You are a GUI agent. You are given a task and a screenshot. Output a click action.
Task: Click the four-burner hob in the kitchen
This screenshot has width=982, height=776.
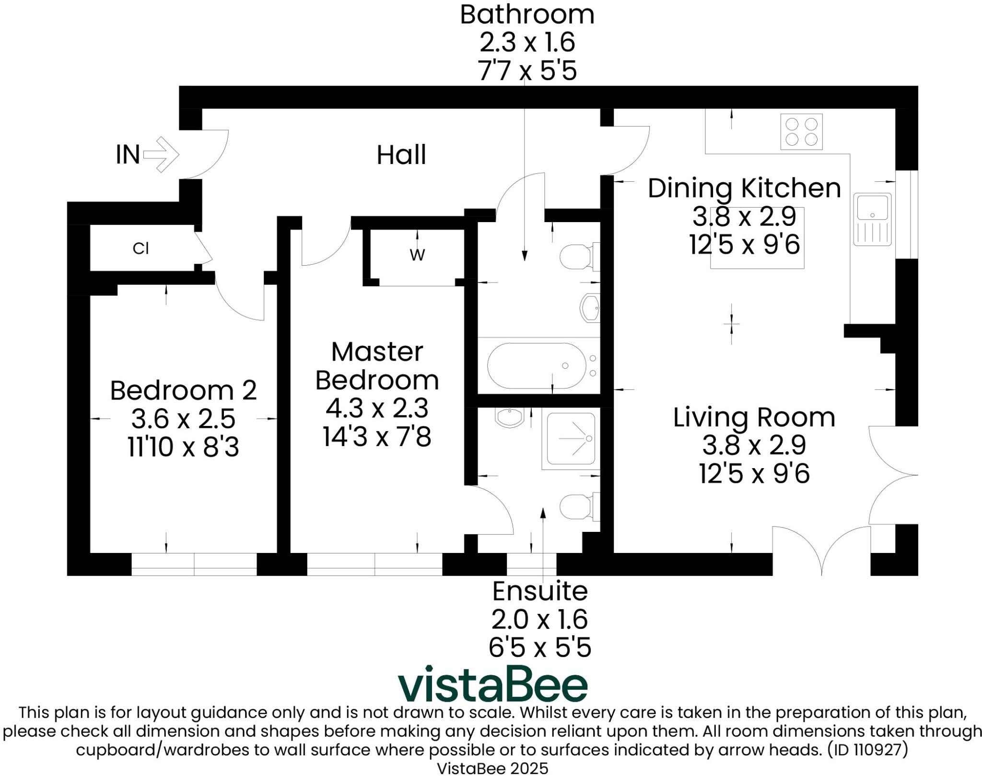[x=801, y=131]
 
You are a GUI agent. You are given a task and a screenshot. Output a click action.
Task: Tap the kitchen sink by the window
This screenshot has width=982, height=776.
[x=872, y=219]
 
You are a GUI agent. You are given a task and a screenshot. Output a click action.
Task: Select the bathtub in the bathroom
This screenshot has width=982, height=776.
[x=537, y=365]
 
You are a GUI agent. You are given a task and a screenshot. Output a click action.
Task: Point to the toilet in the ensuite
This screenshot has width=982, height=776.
[x=578, y=506]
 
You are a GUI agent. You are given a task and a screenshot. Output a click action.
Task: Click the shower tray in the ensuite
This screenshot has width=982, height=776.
[x=571, y=439]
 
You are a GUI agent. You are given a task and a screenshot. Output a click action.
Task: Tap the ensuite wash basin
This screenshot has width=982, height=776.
[x=510, y=417]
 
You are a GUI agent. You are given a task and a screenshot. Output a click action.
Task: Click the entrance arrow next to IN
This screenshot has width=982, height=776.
[x=162, y=154]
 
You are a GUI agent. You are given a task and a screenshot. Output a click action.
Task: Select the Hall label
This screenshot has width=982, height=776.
[x=401, y=155]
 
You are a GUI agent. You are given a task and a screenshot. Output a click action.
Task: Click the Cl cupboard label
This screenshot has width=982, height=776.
[x=140, y=248]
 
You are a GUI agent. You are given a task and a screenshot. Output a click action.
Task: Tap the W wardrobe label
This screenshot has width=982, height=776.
[x=417, y=255]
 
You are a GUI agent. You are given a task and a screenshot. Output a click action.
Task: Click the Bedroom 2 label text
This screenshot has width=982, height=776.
[x=183, y=390]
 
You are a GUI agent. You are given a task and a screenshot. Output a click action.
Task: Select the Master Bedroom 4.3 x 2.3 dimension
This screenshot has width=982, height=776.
[x=377, y=409]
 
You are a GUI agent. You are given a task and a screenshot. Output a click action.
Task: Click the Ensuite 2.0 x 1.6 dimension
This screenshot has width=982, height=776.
[x=539, y=620]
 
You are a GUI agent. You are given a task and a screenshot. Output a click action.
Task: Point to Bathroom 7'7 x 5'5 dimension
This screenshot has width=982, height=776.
[x=527, y=71]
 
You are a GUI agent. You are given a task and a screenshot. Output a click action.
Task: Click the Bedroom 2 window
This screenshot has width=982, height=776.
[x=194, y=564]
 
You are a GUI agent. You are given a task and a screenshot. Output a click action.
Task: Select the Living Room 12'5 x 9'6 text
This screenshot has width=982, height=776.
[x=754, y=474]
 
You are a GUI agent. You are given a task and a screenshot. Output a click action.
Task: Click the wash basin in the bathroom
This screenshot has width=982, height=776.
[x=590, y=307]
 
